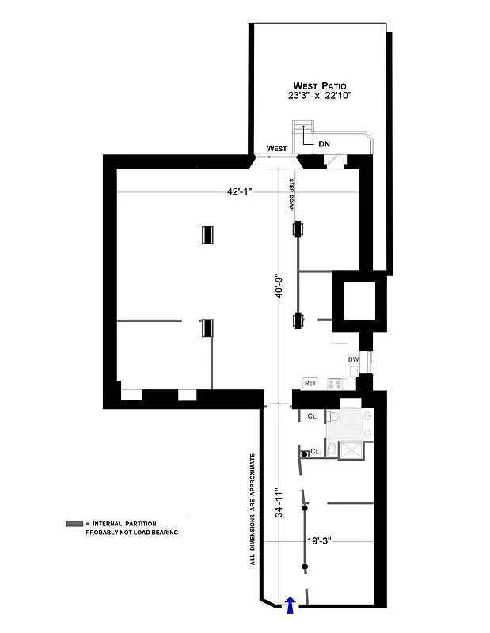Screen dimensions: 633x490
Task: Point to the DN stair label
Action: click(324, 145)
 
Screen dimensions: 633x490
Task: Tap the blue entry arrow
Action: click(290, 605)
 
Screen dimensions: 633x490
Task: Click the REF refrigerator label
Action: click(310, 384)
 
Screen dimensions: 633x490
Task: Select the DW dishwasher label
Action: click(353, 360)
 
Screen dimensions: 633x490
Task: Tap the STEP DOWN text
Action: click(291, 193)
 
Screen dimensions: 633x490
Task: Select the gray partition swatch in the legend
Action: click(74, 524)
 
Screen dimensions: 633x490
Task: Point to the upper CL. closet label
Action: click(313, 415)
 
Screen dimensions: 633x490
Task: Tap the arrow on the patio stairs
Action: click(304, 129)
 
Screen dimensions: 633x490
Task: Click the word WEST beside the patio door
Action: click(276, 148)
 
